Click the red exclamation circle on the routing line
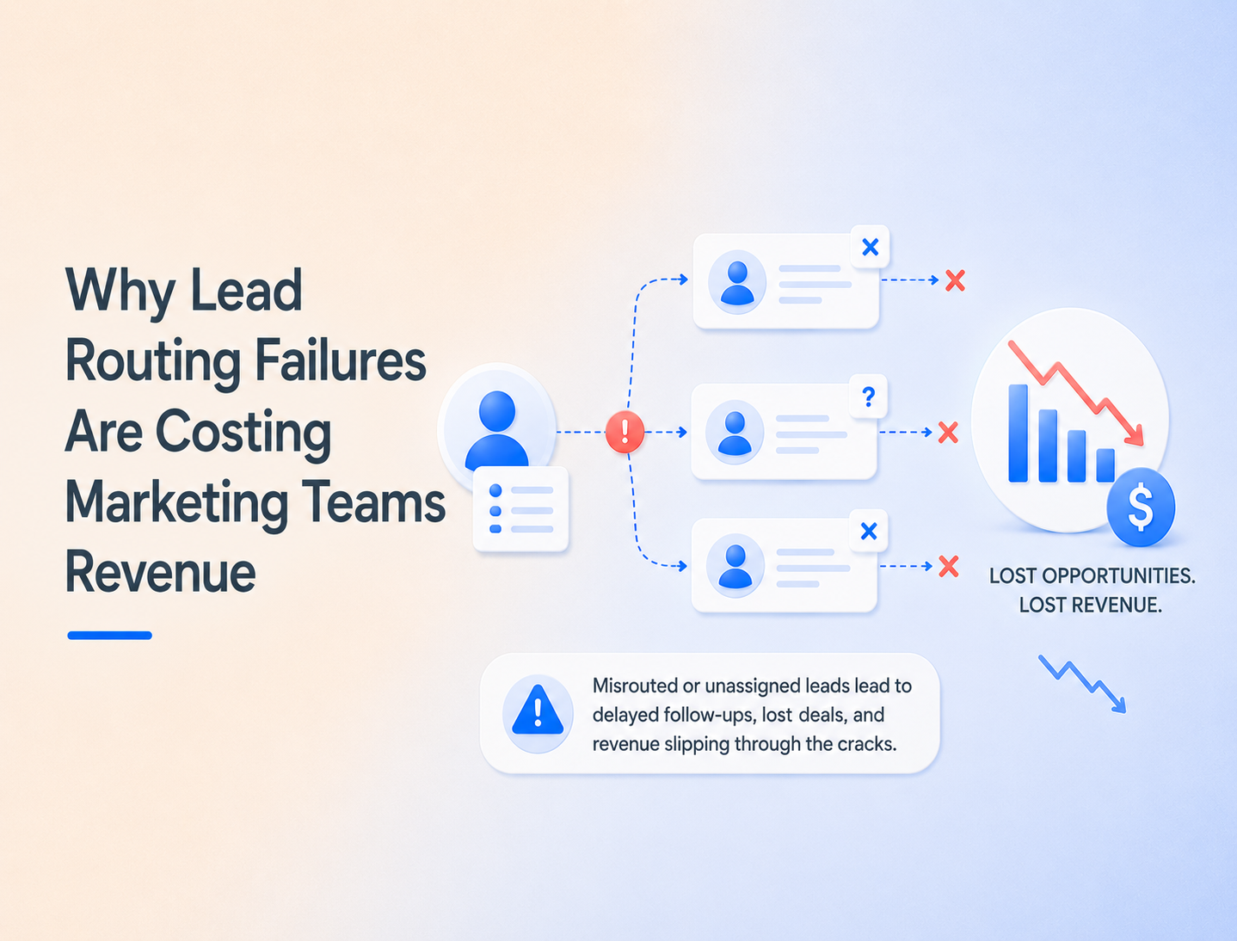(x=625, y=432)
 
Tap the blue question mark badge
(x=869, y=397)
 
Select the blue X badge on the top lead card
(x=871, y=247)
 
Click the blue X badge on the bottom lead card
(x=869, y=531)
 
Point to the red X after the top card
(x=955, y=280)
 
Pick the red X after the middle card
(x=949, y=432)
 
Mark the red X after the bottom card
(x=949, y=566)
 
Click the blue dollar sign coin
(x=1141, y=507)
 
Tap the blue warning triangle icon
(x=538, y=710)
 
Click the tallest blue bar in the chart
(x=1018, y=434)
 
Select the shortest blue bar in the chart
(x=1105, y=465)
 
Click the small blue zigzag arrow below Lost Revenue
(x=1082, y=684)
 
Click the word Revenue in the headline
(x=161, y=572)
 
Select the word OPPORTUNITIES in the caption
(x=1118, y=576)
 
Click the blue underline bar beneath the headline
(x=109, y=636)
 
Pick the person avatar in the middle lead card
(x=735, y=432)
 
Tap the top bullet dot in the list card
(x=495, y=490)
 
